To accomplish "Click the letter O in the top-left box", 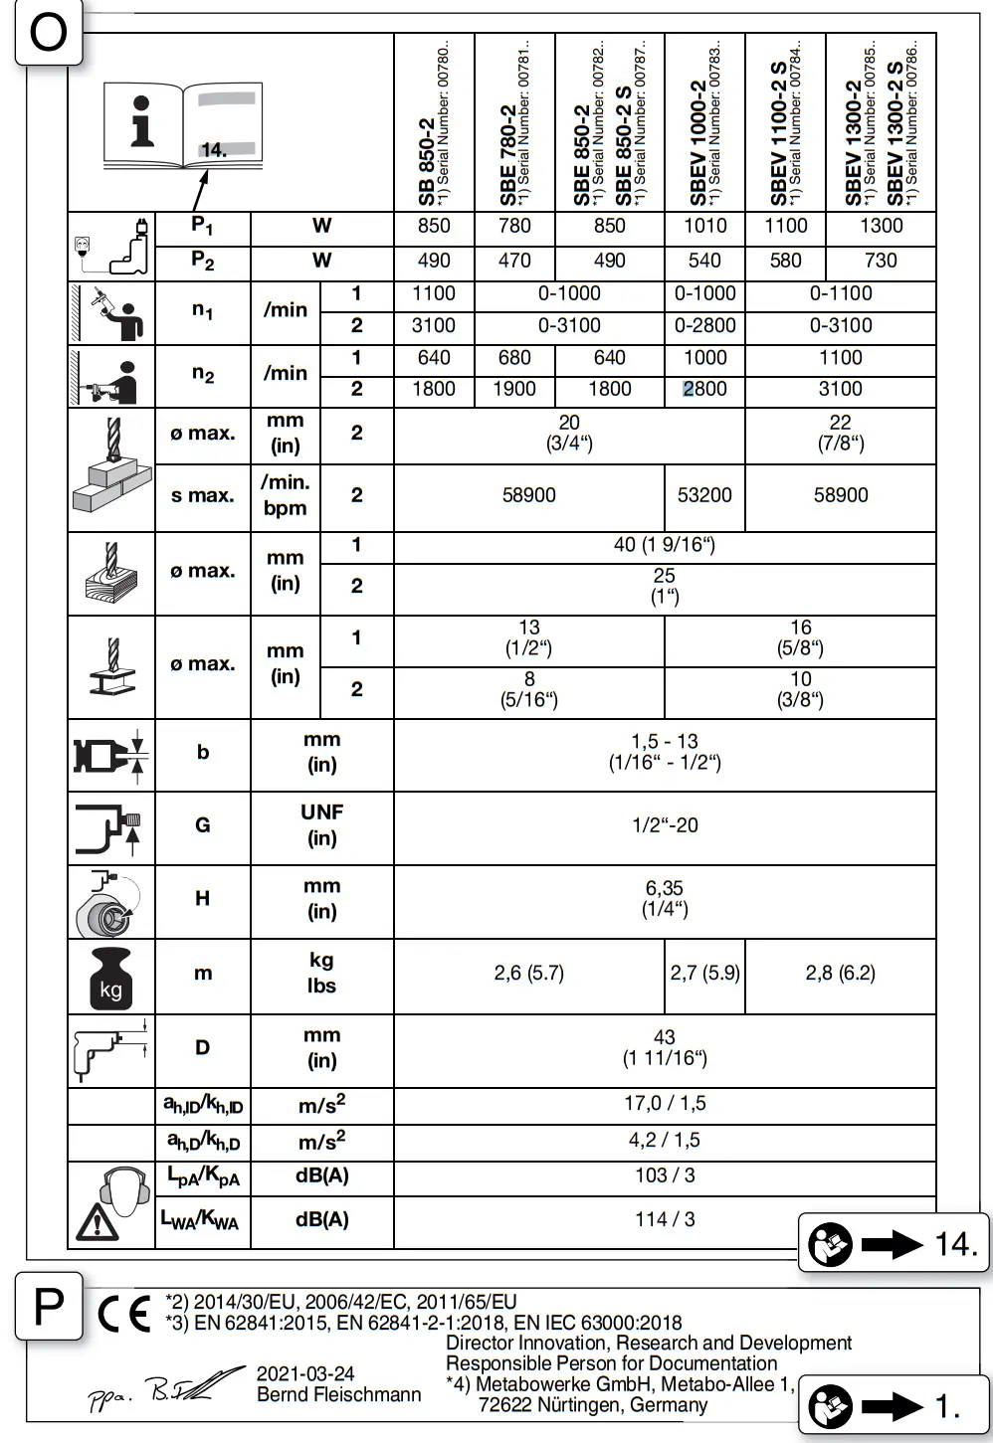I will pyautogui.click(x=48, y=34).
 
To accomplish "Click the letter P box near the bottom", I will pyautogui.click(x=49, y=1306).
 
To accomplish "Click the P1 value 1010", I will pyautogui.click(x=704, y=226).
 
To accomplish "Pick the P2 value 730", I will pyautogui.click(x=881, y=261).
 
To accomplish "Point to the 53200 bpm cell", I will pyautogui.click(x=704, y=495).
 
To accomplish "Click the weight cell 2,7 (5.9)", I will pyautogui.click(x=704, y=973).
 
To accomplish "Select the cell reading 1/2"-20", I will pyautogui.click(x=665, y=825).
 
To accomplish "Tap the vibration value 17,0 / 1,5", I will pyautogui.click(x=665, y=1103).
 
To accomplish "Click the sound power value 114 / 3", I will pyautogui.click(x=665, y=1219).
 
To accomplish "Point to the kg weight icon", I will pyautogui.click(x=110, y=978).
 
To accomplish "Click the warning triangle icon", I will pyautogui.click(x=98, y=1222).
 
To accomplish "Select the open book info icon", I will pyautogui.click(x=182, y=126).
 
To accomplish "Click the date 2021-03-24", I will pyautogui.click(x=305, y=1373).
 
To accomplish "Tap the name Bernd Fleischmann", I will pyautogui.click(x=338, y=1394).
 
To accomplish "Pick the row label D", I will pyautogui.click(x=203, y=1047).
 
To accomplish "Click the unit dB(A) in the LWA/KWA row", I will pyautogui.click(x=321, y=1219).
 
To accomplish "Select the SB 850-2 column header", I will pyautogui.click(x=434, y=124).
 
